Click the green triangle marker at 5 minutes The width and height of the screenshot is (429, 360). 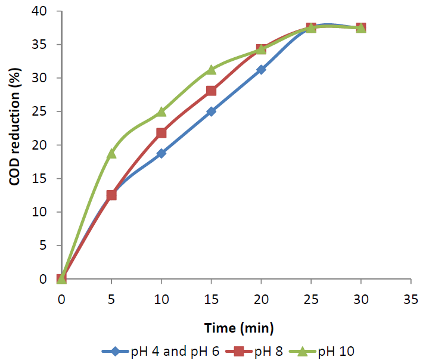[x=111, y=153]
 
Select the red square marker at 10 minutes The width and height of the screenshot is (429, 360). [x=161, y=132]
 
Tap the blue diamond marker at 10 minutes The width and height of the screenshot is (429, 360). [x=161, y=153]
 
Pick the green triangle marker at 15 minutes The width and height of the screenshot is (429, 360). [x=211, y=70]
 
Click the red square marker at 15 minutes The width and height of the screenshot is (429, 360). [x=211, y=91]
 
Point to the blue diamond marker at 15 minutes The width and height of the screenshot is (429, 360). [x=211, y=111]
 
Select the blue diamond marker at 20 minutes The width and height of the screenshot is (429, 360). [x=261, y=70]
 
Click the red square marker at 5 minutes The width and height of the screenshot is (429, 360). [x=111, y=195]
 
